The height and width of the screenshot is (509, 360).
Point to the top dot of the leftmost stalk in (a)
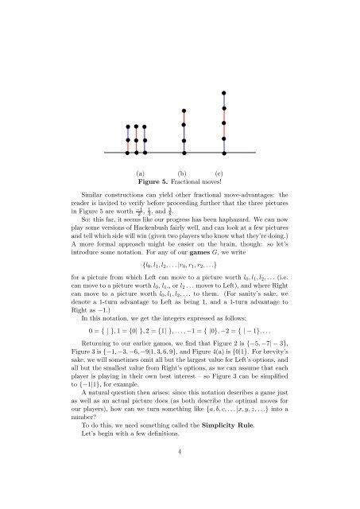pos(128,126)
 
